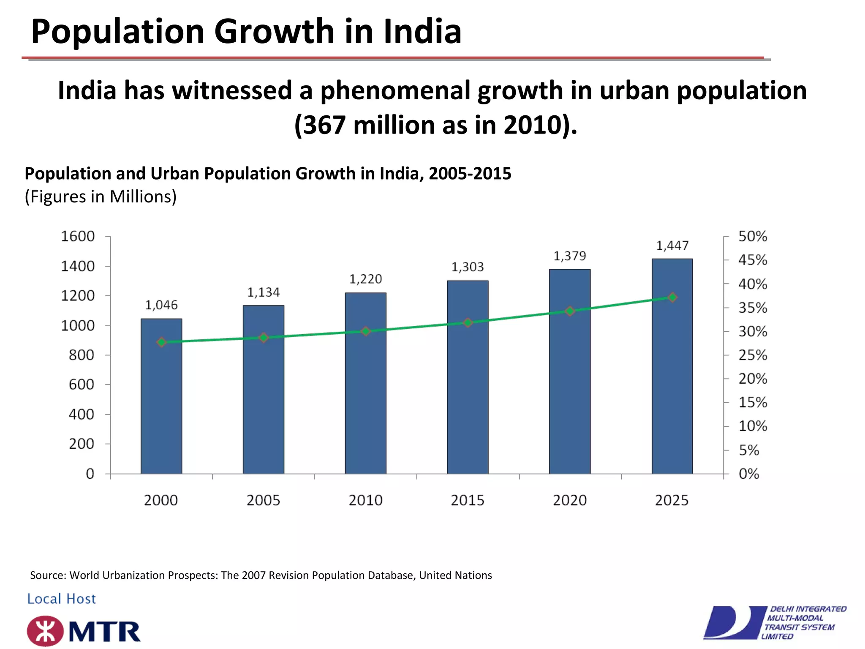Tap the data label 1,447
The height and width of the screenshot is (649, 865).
point(672,245)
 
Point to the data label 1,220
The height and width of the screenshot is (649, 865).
point(365,279)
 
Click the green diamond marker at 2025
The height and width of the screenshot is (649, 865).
point(673,297)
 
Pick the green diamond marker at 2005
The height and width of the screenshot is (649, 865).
point(264,338)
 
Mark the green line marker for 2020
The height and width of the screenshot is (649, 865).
point(570,311)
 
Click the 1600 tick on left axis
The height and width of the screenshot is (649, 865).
point(78,236)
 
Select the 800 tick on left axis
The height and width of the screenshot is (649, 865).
point(82,355)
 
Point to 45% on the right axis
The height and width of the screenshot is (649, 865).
point(752,260)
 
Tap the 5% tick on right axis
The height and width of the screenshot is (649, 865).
point(748,450)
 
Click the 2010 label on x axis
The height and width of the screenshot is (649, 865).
point(365,500)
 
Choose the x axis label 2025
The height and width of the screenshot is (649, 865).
point(672,500)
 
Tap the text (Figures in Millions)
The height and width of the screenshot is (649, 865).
point(101,197)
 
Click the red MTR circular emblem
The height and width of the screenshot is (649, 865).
point(45,631)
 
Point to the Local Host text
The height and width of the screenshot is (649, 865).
point(62,599)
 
